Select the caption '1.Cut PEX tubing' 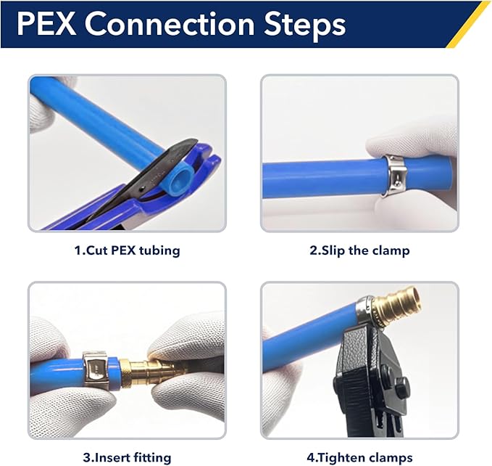tap(127, 251)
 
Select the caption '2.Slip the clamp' tap(359, 251)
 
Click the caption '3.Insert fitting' tap(127, 457)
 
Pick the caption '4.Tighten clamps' tap(360, 457)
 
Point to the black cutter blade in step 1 tap(145, 171)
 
